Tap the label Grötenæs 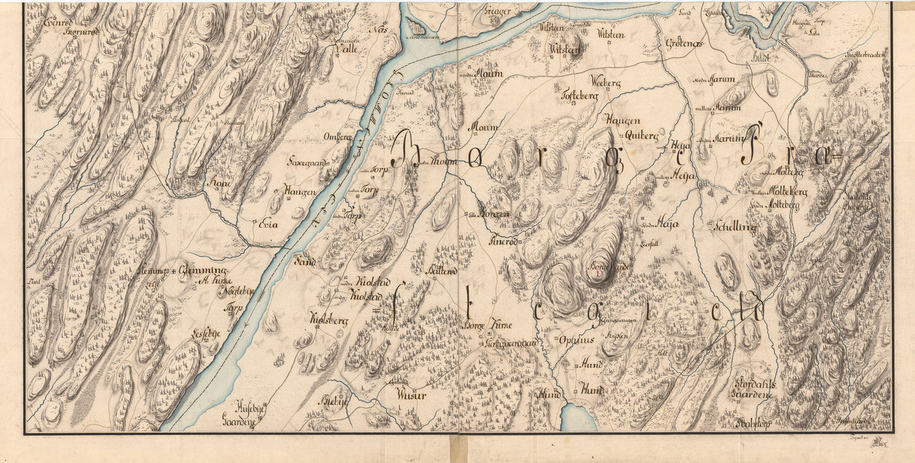pyautogui.click(x=685, y=44)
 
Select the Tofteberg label pyautogui.click(x=579, y=96)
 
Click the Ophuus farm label pyautogui.click(x=576, y=339)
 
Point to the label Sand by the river pyautogui.click(x=303, y=260)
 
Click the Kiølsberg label pyautogui.click(x=329, y=320)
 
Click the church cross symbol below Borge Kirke pyautogui.click(x=489, y=334)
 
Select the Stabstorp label pyautogui.click(x=752, y=424)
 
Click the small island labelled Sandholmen pyautogui.click(x=416, y=27)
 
